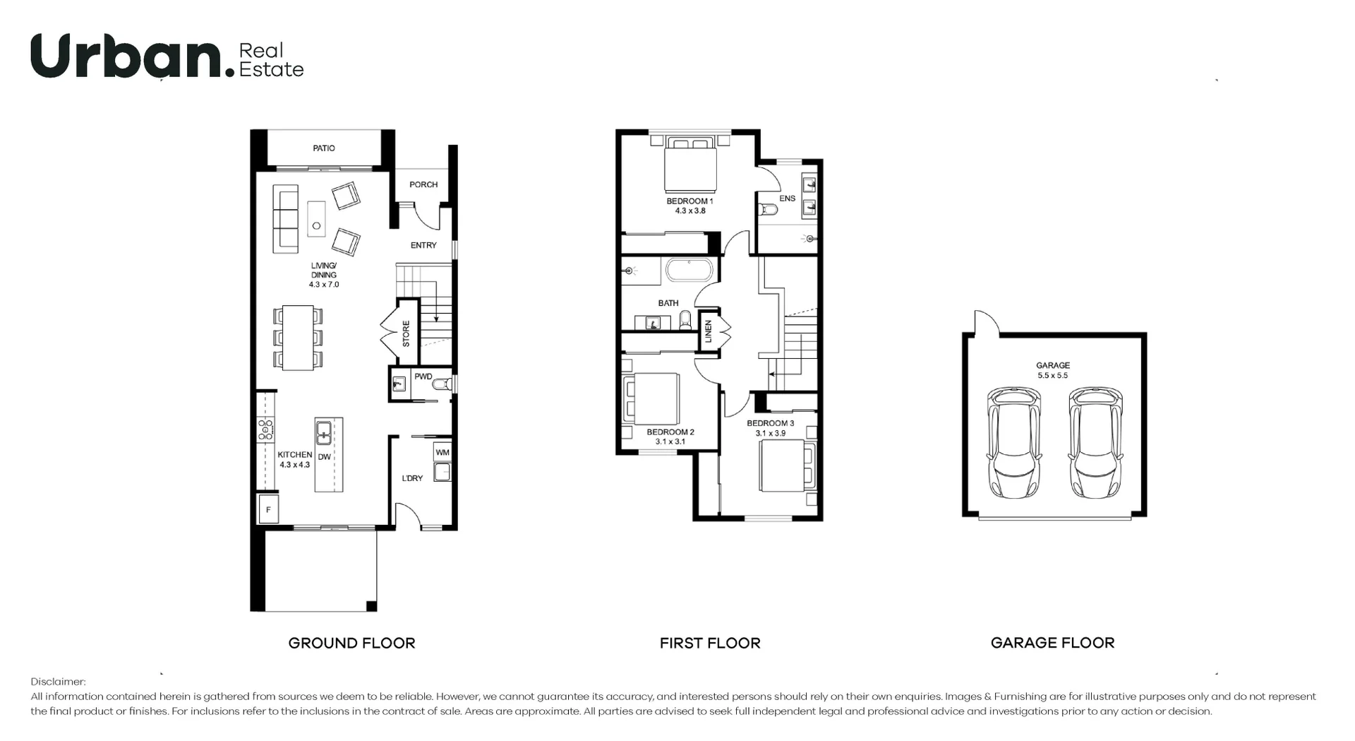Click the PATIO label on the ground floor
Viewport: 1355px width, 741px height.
[324, 148]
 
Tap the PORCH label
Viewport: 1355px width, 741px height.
[423, 184]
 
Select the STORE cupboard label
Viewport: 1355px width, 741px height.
[406, 333]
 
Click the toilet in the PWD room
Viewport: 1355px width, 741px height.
[441, 385]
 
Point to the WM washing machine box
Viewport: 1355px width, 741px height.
[442, 452]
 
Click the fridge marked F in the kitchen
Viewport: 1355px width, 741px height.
[268, 509]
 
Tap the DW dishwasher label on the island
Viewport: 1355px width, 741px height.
[324, 457]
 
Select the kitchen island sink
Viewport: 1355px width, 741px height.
[324, 432]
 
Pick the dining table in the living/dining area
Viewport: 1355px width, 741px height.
[298, 337]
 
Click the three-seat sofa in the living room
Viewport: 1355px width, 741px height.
[286, 218]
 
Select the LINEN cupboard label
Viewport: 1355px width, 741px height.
[709, 331]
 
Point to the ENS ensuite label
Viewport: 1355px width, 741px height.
[787, 198]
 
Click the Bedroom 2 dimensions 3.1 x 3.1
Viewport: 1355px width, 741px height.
[670, 441]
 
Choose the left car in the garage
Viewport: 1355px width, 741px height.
[1013, 441]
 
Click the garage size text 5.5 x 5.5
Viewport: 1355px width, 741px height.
[1052, 376]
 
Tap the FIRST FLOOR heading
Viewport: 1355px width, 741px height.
[710, 643]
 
